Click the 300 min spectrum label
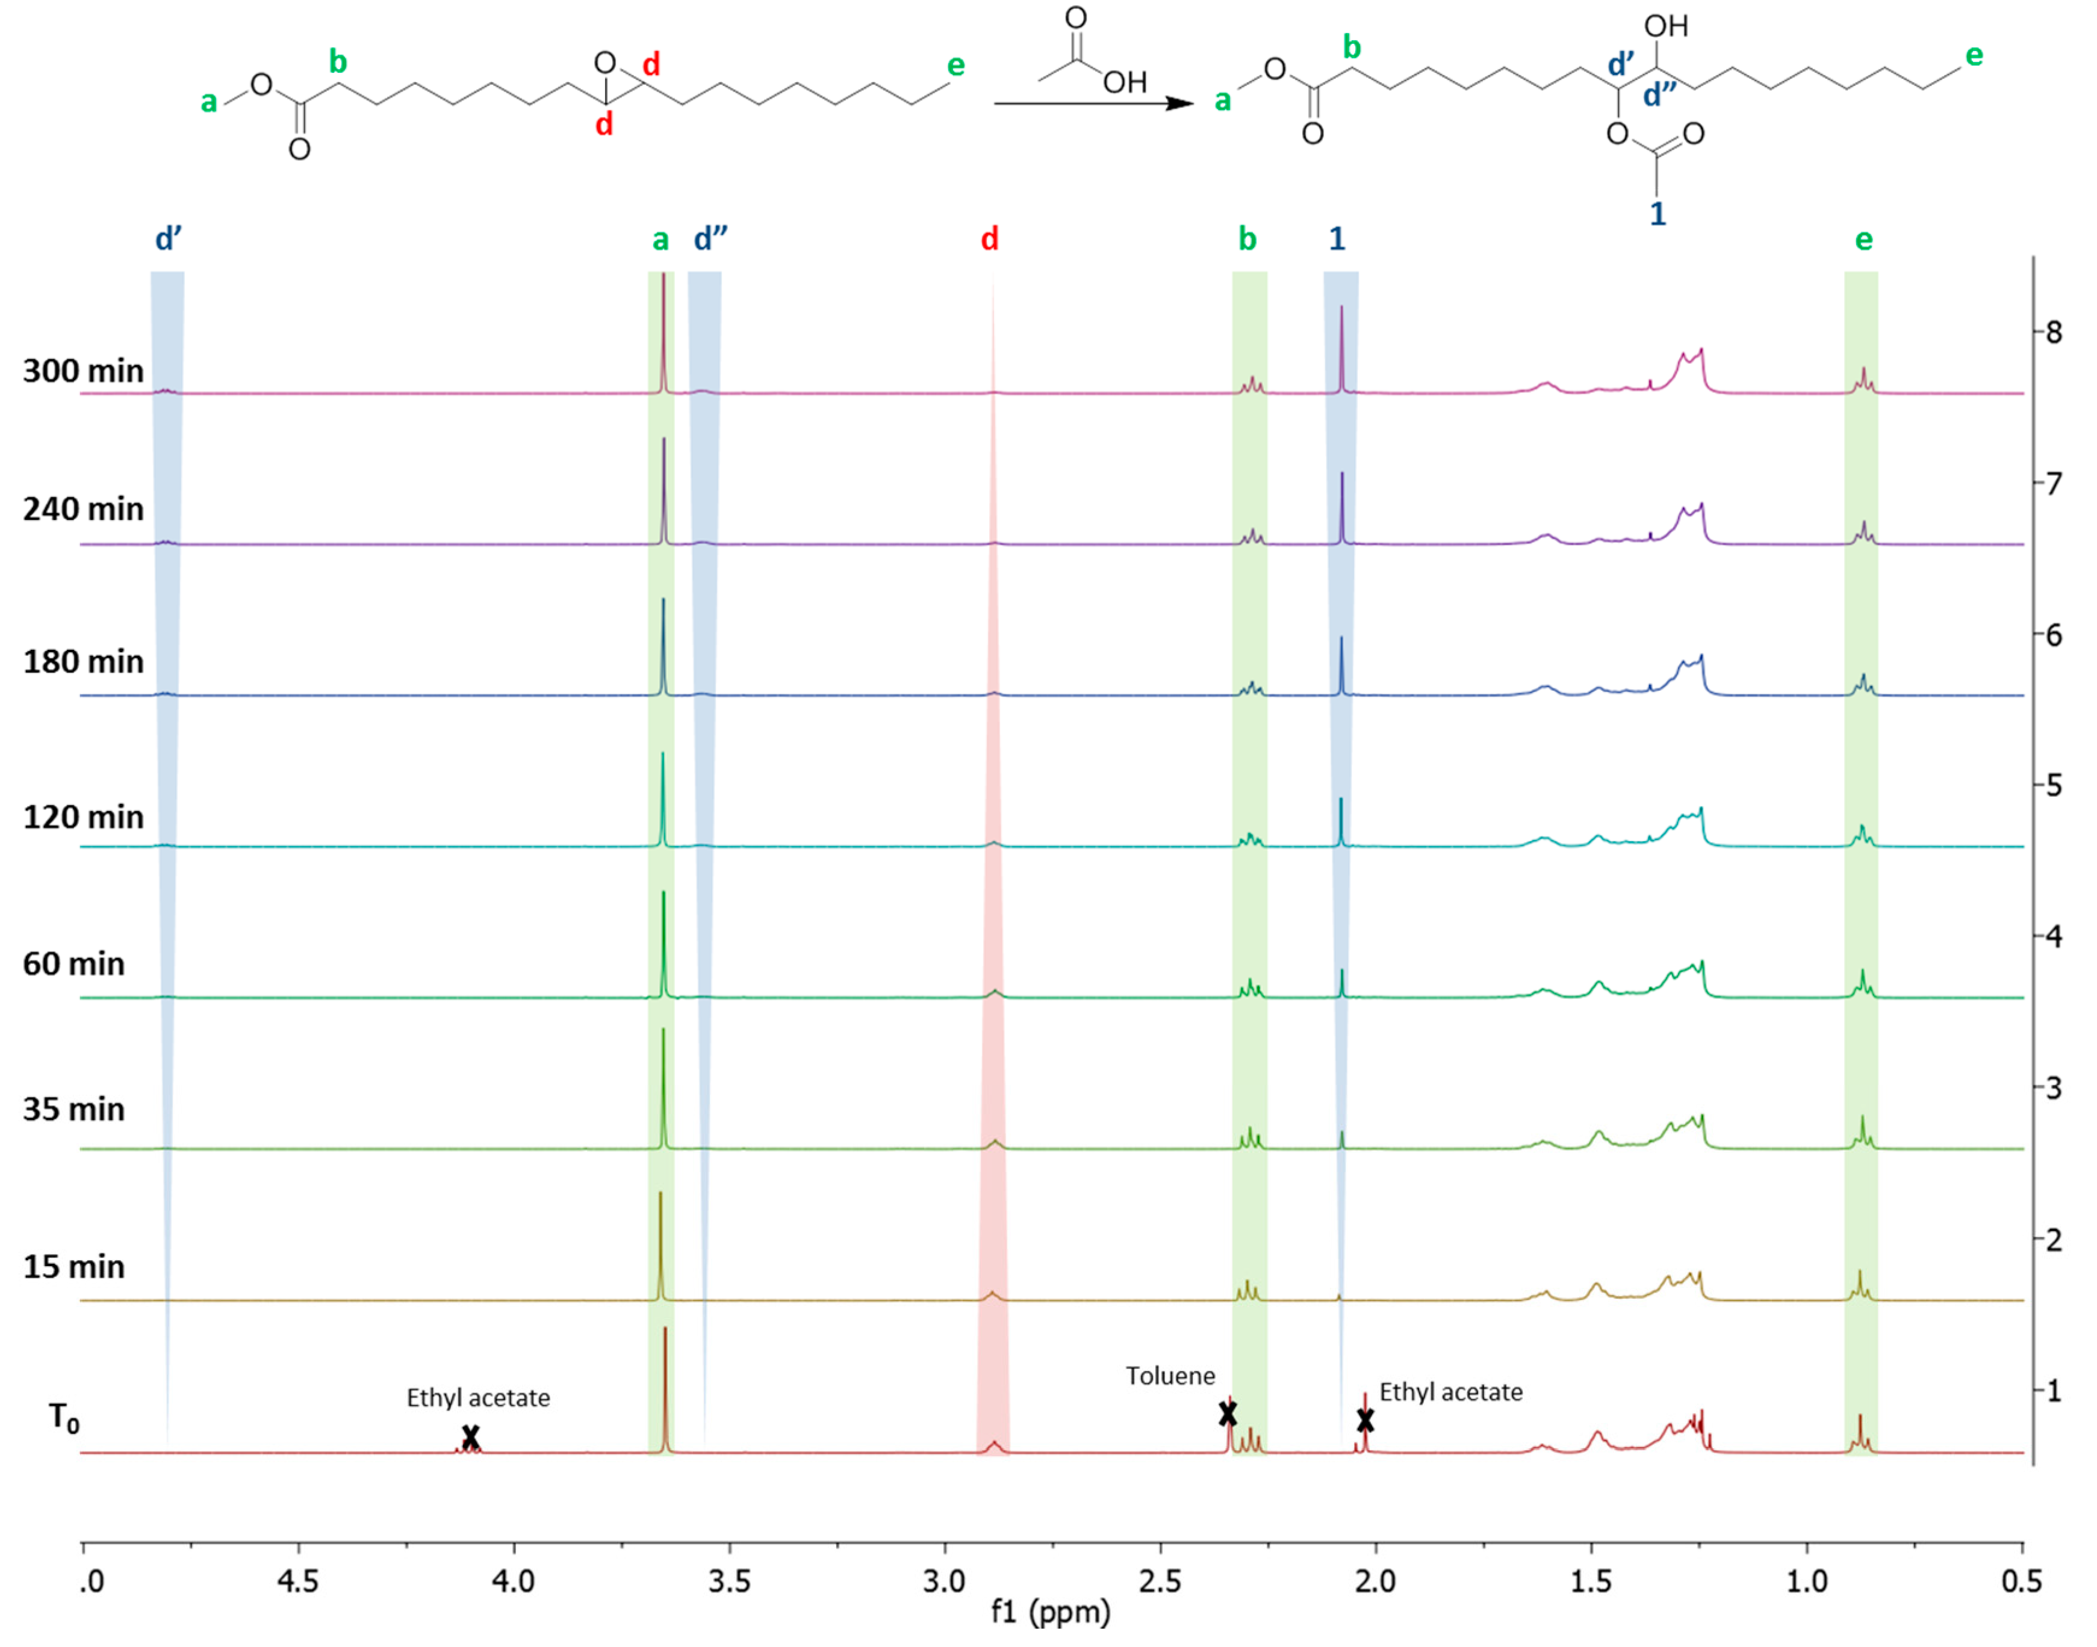click(83, 371)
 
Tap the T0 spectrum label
click(64, 1418)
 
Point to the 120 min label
click(83, 818)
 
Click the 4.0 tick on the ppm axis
click(513, 1583)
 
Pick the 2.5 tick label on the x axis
click(1160, 1583)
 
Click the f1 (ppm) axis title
click(1051, 1612)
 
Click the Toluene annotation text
click(1170, 1376)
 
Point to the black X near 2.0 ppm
click(1365, 1420)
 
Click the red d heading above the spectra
click(990, 239)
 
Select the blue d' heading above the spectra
click(169, 239)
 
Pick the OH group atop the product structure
click(1667, 26)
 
